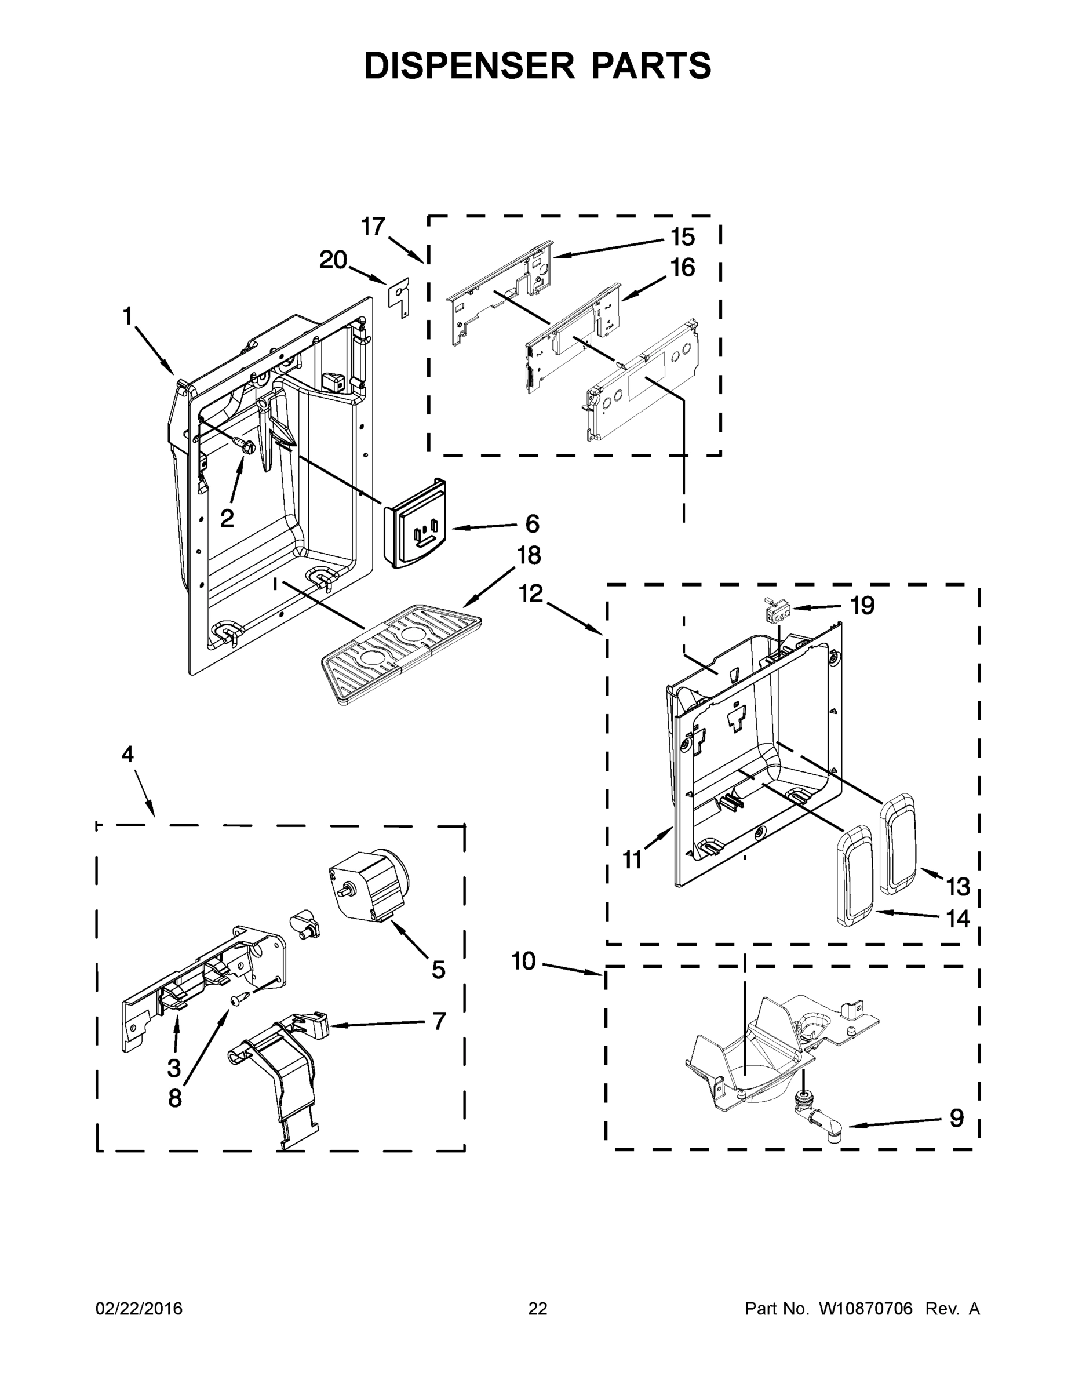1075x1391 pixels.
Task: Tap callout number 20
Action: pyautogui.click(x=333, y=260)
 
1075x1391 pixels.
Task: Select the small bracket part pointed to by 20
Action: pyautogui.click(x=399, y=296)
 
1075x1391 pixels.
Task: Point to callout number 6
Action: pyautogui.click(x=532, y=524)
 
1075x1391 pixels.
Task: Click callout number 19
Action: pyautogui.click(x=862, y=605)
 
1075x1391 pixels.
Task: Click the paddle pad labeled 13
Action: pyautogui.click(x=898, y=839)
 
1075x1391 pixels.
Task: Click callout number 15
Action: pyautogui.click(x=682, y=238)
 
